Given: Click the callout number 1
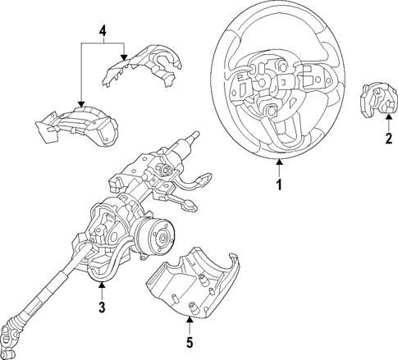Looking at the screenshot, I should tap(277, 186).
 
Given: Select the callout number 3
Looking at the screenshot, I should tap(102, 308).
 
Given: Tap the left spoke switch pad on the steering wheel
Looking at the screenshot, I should tap(245, 87).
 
